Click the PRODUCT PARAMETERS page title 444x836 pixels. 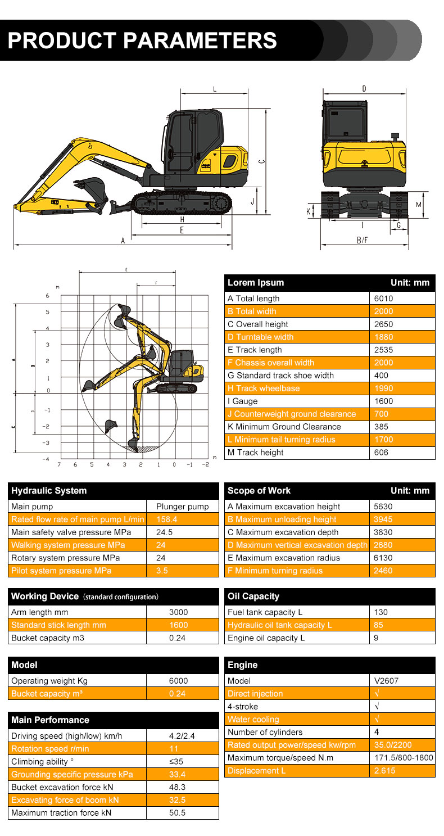point(142,40)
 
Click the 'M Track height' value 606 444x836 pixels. point(382,453)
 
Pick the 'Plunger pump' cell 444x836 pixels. point(182,507)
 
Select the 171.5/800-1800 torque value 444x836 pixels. point(404,758)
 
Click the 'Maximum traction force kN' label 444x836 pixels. point(61,813)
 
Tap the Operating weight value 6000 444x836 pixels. point(178,681)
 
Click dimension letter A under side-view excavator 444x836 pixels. point(123,241)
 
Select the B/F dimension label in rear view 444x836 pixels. point(363,241)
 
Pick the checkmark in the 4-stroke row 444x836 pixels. point(377,707)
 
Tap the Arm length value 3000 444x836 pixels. point(178,612)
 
